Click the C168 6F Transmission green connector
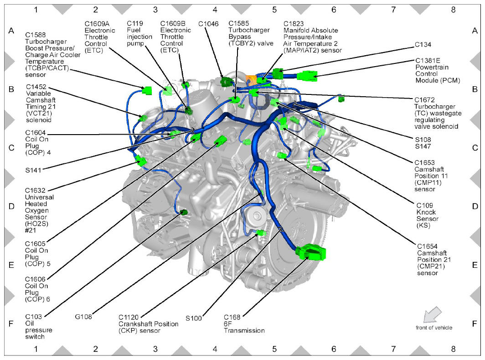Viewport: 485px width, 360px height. [310, 252]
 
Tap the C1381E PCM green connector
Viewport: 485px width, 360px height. [307, 76]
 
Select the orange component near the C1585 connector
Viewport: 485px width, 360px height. [250, 79]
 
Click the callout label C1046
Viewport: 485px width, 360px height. [208, 24]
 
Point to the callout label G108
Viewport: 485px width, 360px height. [83, 316]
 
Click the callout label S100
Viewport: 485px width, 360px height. [194, 318]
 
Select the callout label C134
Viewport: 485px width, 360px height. [423, 44]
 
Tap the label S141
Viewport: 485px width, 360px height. [33, 170]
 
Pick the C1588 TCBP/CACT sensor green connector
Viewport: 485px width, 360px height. [147, 90]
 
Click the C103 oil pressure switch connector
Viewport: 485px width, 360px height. [184, 212]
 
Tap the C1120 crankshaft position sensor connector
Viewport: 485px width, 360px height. [261, 233]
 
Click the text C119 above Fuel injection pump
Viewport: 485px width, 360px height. [135, 23]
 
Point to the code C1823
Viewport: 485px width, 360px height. [294, 24]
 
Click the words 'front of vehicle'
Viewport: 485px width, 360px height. [433, 328]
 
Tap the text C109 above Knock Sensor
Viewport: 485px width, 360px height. [425, 205]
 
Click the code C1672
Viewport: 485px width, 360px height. [424, 99]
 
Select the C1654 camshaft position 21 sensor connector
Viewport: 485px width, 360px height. [282, 156]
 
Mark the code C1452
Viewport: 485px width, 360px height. [36, 87]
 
